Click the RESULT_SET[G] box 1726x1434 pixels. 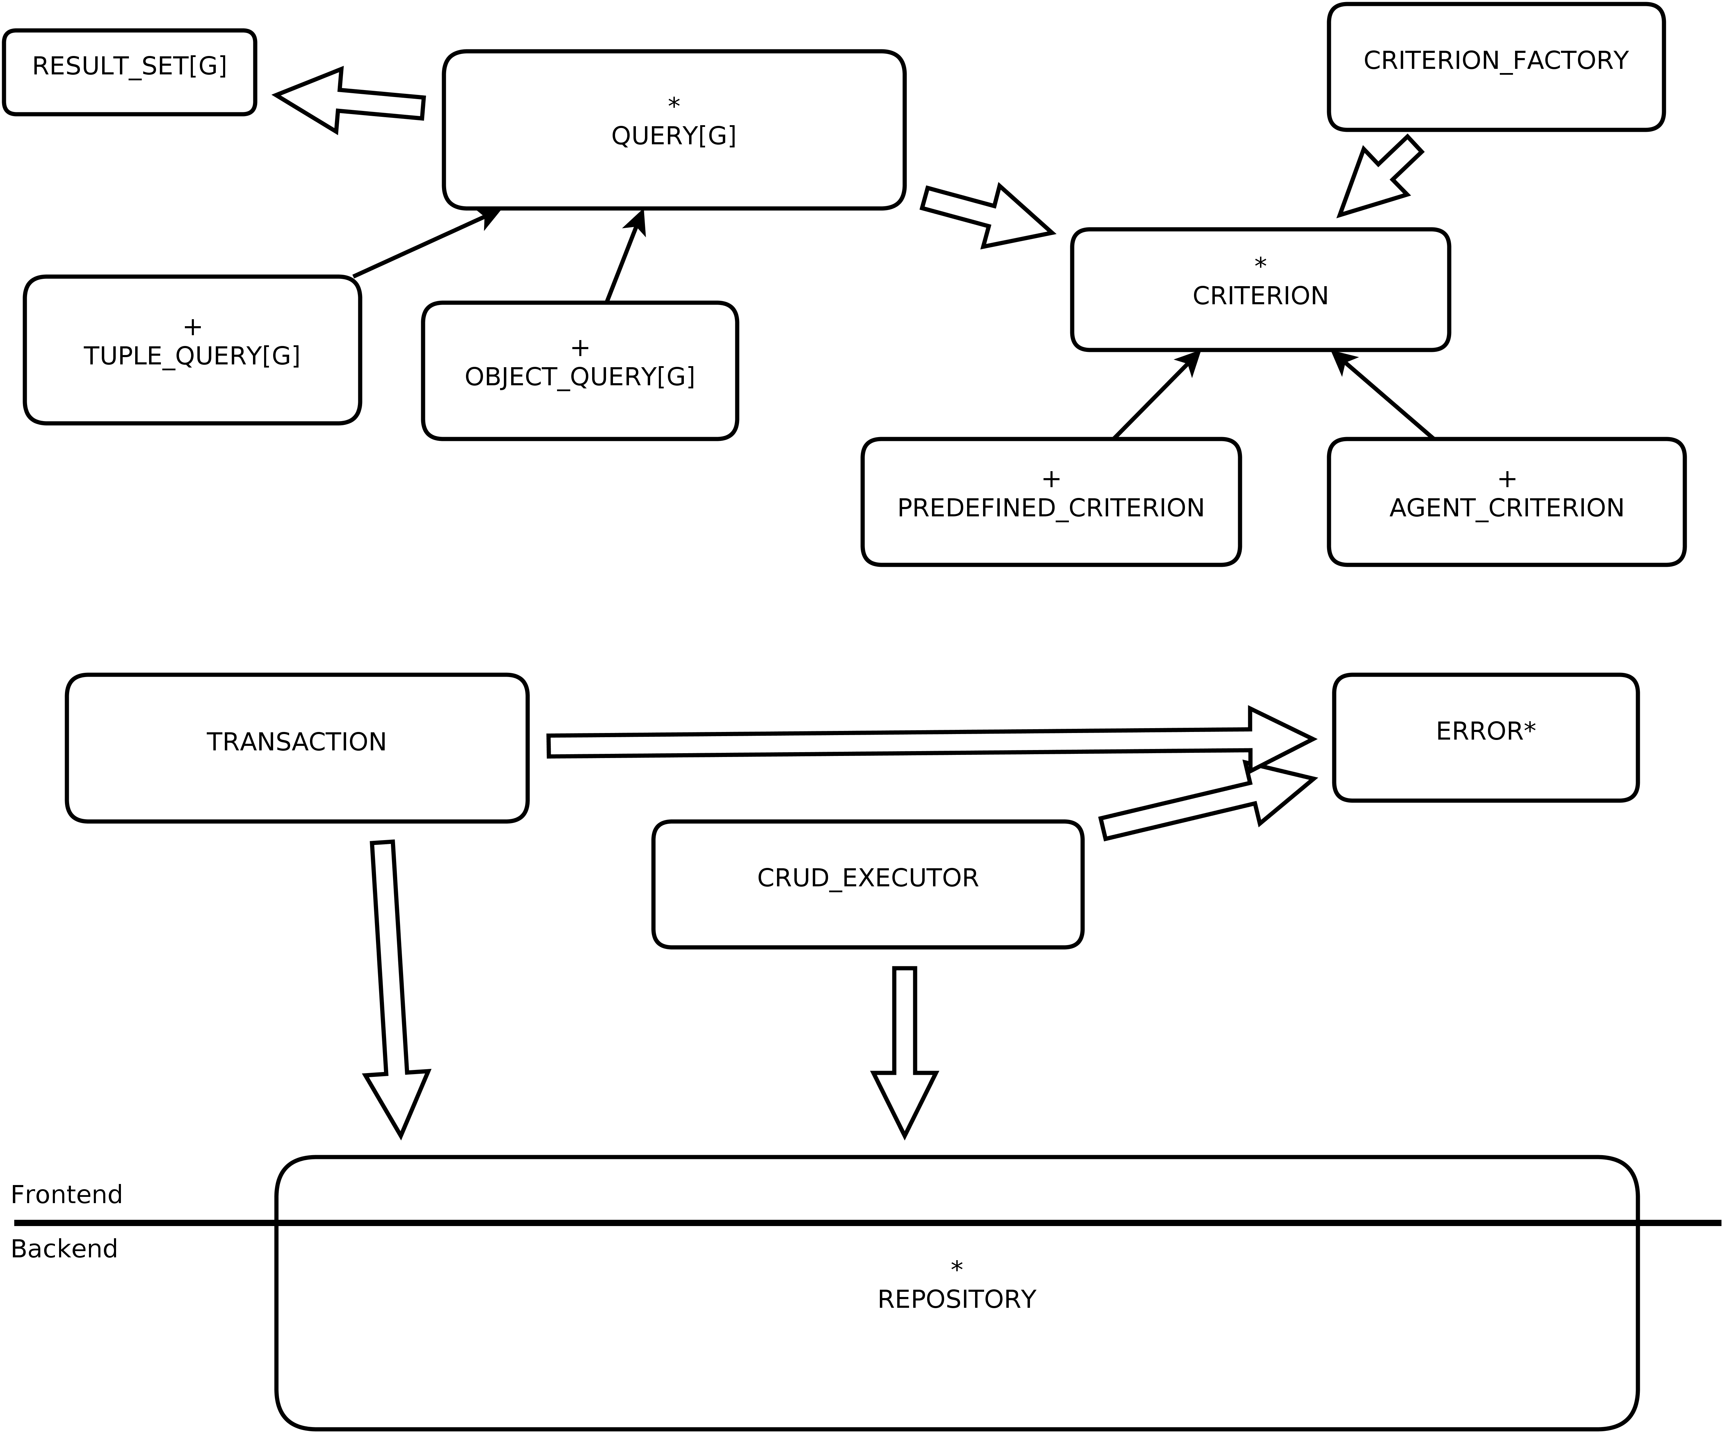click(130, 72)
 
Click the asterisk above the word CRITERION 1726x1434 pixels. click(1260, 263)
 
